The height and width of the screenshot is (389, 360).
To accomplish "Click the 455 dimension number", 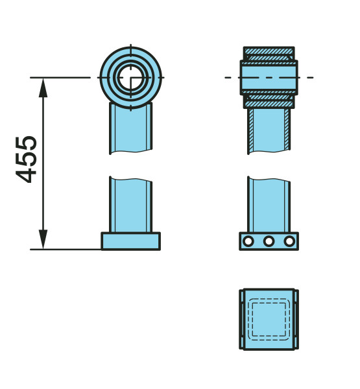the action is (27, 159).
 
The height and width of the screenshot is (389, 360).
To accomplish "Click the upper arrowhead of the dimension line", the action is (43, 88).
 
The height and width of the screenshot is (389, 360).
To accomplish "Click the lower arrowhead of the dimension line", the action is (43, 239).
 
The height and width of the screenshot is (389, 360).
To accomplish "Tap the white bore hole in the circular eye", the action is (131, 77).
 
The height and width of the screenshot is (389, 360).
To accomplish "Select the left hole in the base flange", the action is (248, 241).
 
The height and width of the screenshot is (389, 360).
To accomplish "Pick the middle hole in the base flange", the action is (269, 241).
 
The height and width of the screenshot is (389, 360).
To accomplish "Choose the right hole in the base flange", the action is (289, 241).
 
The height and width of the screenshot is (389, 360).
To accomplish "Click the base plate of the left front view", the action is (130, 241).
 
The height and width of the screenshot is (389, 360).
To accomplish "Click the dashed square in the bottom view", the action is (269, 319).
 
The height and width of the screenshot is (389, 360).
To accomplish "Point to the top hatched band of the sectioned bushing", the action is (269, 51).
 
